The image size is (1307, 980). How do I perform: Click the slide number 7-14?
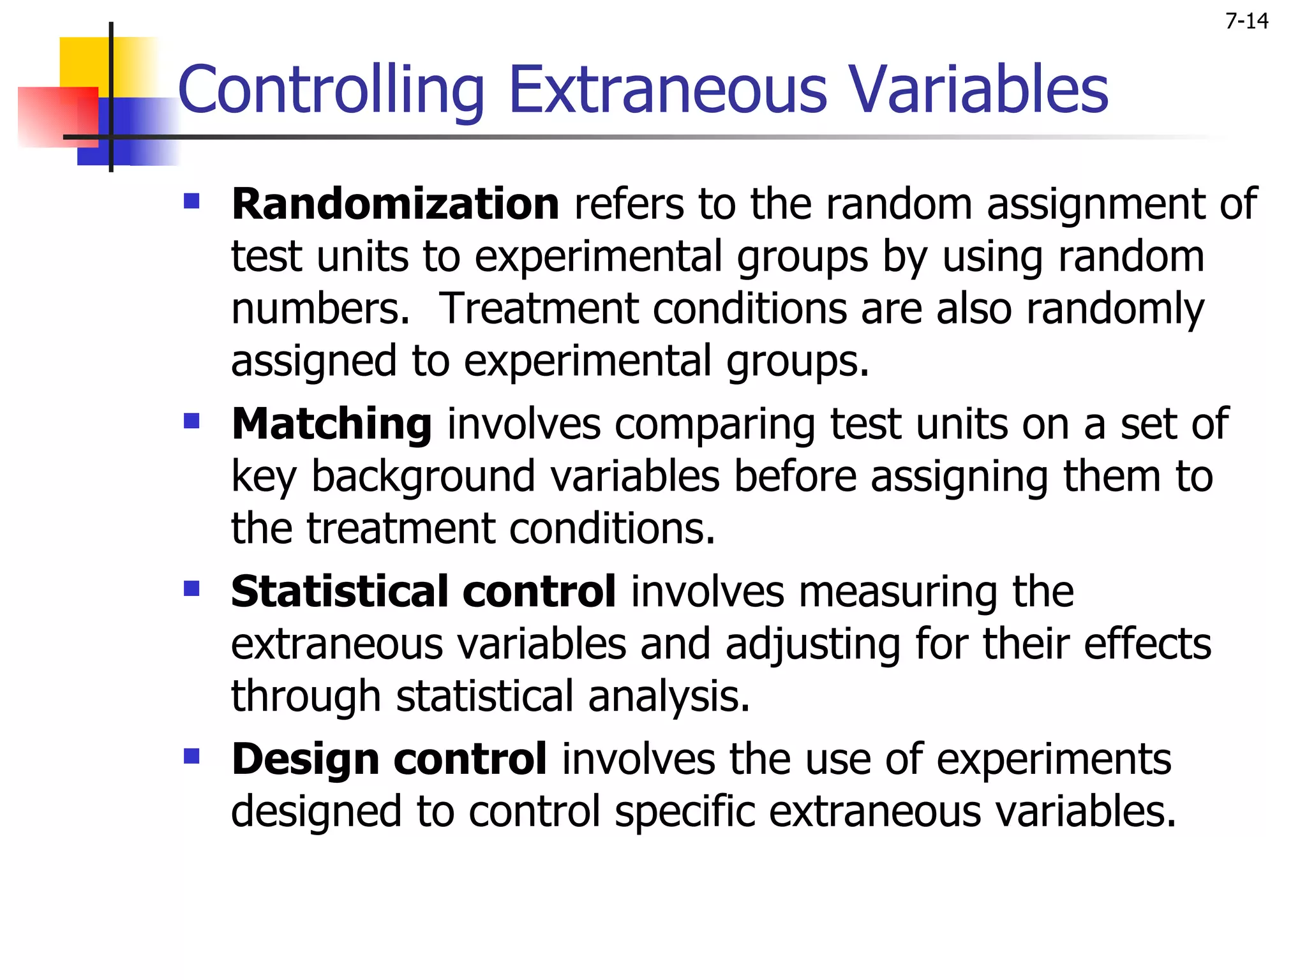[1246, 22]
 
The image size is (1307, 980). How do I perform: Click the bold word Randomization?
[395, 204]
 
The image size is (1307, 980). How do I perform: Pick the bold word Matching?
[331, 424]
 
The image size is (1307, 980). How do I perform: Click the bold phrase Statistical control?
[423, 591]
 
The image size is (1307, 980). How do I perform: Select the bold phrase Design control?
[389, 759]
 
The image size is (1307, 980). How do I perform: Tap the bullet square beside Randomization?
[191, 202]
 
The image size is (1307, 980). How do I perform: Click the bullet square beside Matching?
[191, 421]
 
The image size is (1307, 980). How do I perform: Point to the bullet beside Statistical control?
[191, 588]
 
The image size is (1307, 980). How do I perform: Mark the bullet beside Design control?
[191, 756]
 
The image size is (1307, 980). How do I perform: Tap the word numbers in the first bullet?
[319, 309]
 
